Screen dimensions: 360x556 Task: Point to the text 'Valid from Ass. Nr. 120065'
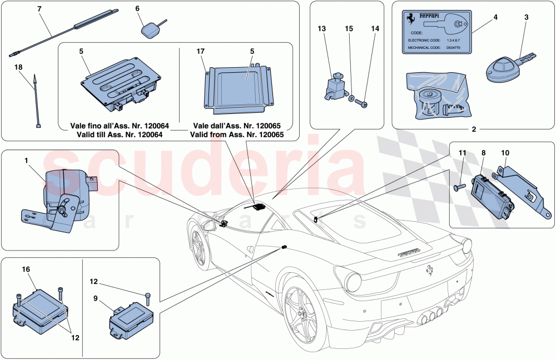(237, 134)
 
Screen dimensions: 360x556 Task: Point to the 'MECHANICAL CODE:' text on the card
(426, 48)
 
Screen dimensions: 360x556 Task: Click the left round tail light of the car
(358, 282)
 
